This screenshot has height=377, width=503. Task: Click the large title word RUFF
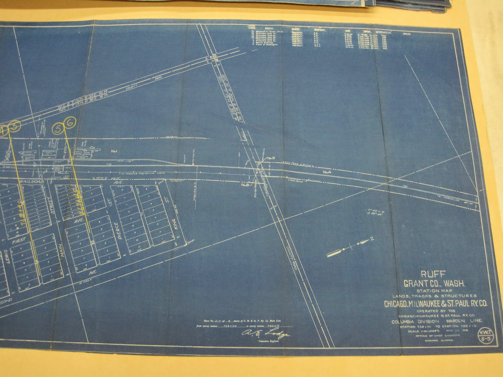[434, 275]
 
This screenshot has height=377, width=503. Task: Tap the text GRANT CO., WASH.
[434, 284]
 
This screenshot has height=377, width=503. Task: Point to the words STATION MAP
[434, 291]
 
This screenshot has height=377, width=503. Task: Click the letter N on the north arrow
[372, 238]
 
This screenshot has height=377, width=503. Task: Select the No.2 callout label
[245, 185]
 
